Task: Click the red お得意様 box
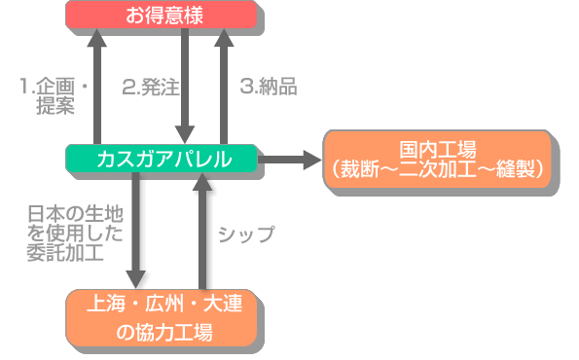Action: pyautogui.click(x=162, y=16)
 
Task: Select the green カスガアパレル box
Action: pyautogui.click(x=163, y=160)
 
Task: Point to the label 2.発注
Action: pyautogui.click(x=150, y=87)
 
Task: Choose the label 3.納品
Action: pyautogui.click(x=268, y=87)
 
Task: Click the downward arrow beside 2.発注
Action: pyautogui.click(x=183, y=88)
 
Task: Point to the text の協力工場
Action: pyautogui.click(x=163, y=333)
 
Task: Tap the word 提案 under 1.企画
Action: pyautogui.click(x=55, y=107)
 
